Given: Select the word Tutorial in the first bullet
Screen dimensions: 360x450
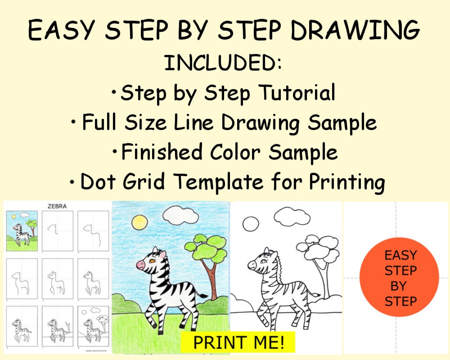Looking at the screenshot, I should coord(297,92).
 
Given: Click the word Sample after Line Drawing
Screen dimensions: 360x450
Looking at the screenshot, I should coord(342,122).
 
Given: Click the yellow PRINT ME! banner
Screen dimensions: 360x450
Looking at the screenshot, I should coord(238,342).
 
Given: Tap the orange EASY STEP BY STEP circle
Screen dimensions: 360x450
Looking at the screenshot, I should coord(399,278).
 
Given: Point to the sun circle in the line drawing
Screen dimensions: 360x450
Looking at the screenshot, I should coord(250,224).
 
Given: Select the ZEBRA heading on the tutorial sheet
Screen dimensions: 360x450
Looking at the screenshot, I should coord(57,206).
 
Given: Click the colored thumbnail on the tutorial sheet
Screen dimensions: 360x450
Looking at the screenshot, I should coord(22,231).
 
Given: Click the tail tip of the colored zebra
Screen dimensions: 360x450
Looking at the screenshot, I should coord(205,296).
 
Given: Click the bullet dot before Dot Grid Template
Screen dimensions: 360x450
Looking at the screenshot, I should coord(73,182).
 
